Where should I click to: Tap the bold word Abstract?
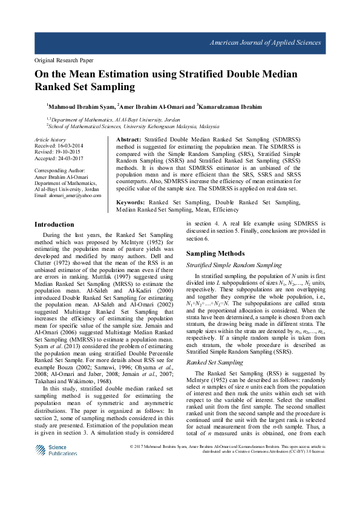point(128,139)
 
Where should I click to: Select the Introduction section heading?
point(54,224)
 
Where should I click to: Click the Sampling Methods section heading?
point(215,253)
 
